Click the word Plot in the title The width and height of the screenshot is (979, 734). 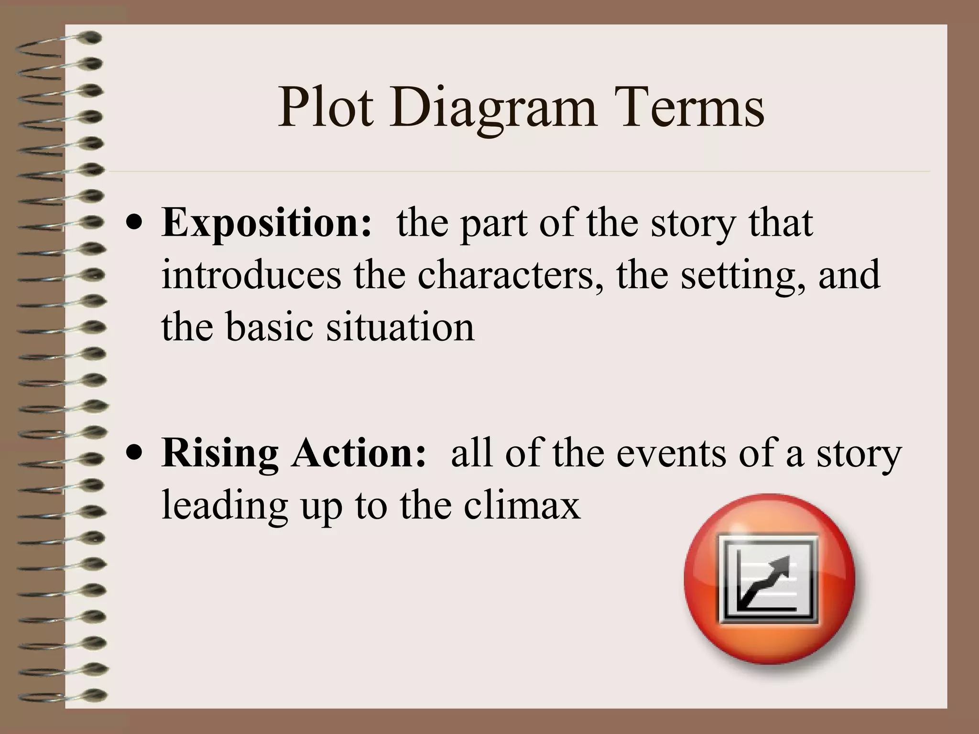(x=326, y=109)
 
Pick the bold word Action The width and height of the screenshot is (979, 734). (x=359, y=453)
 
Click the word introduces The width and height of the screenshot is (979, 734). (x=251, y=276)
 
